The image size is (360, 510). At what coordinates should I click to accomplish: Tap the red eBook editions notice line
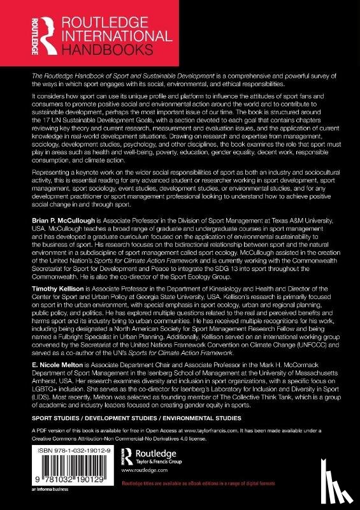tap(261, 489)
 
